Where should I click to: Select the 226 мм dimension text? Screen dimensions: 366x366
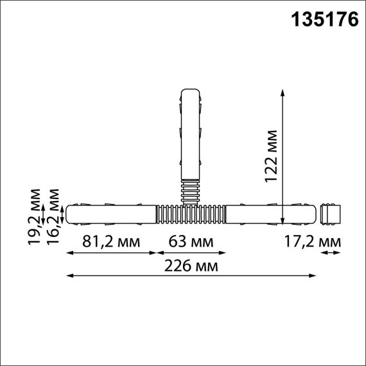pyautogui.click(x=191, y=266)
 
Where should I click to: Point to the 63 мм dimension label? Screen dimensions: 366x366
pyautogui.click(x=191, y=242)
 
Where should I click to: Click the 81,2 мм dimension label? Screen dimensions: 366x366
pyautogui.click(x=110, y=242)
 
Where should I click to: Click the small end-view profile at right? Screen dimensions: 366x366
pyautogui.click(x=331, y=213)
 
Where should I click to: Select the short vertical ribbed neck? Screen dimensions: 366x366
pyautogui.click(x=191, y=190)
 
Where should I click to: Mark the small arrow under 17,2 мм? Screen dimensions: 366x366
pyautogui.click(x=331, y=254)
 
